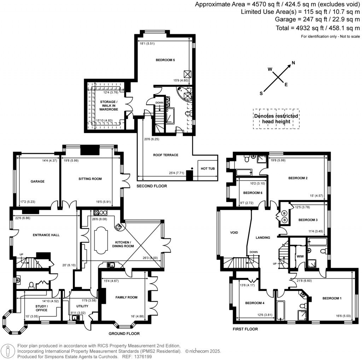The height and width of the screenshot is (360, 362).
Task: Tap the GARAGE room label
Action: pos(37,181)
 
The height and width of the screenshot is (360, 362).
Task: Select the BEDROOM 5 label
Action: pos(165,60)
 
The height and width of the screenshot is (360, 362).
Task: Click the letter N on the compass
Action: pos(293,63)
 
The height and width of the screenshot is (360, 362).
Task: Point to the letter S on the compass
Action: pos(262,93)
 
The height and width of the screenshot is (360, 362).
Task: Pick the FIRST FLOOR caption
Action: pos(245,329)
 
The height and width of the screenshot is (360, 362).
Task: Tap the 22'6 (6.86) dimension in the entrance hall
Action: pos(20,218)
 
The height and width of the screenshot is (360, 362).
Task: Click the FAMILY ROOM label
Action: pos(126,297)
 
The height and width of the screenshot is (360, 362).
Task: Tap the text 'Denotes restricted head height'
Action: pos(276,119)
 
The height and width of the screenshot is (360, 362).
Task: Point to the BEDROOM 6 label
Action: pos(253,193)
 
